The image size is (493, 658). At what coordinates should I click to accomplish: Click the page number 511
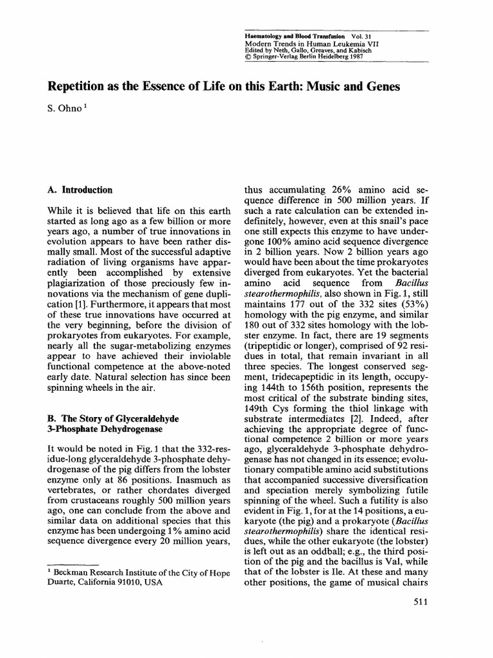tap(418, 601)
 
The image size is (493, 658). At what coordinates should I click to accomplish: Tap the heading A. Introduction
tap(80, 190)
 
